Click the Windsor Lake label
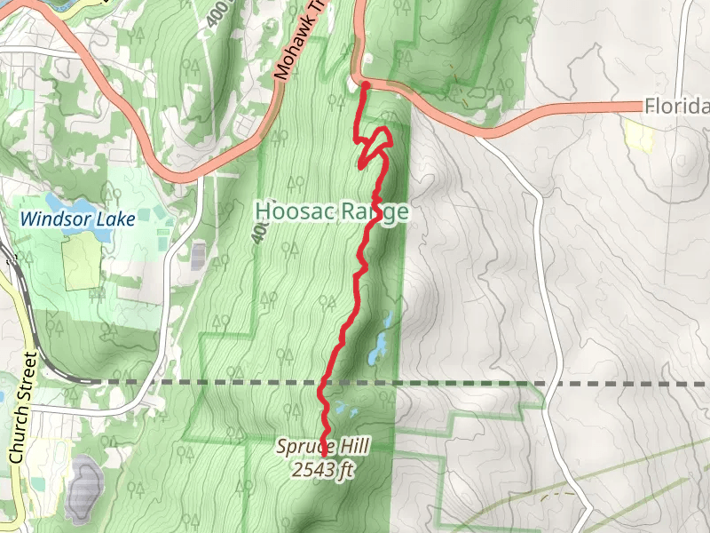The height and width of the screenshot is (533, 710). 79,218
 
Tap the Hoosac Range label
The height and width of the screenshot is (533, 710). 331,211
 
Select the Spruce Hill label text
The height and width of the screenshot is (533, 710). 322,447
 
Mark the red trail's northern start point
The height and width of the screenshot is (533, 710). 365,85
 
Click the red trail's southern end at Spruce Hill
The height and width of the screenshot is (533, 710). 323,456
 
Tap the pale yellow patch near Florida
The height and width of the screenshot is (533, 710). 638,134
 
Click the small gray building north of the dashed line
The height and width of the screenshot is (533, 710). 198,256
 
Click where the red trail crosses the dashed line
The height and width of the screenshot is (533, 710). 320,383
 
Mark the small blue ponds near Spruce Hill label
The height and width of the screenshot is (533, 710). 342,411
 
